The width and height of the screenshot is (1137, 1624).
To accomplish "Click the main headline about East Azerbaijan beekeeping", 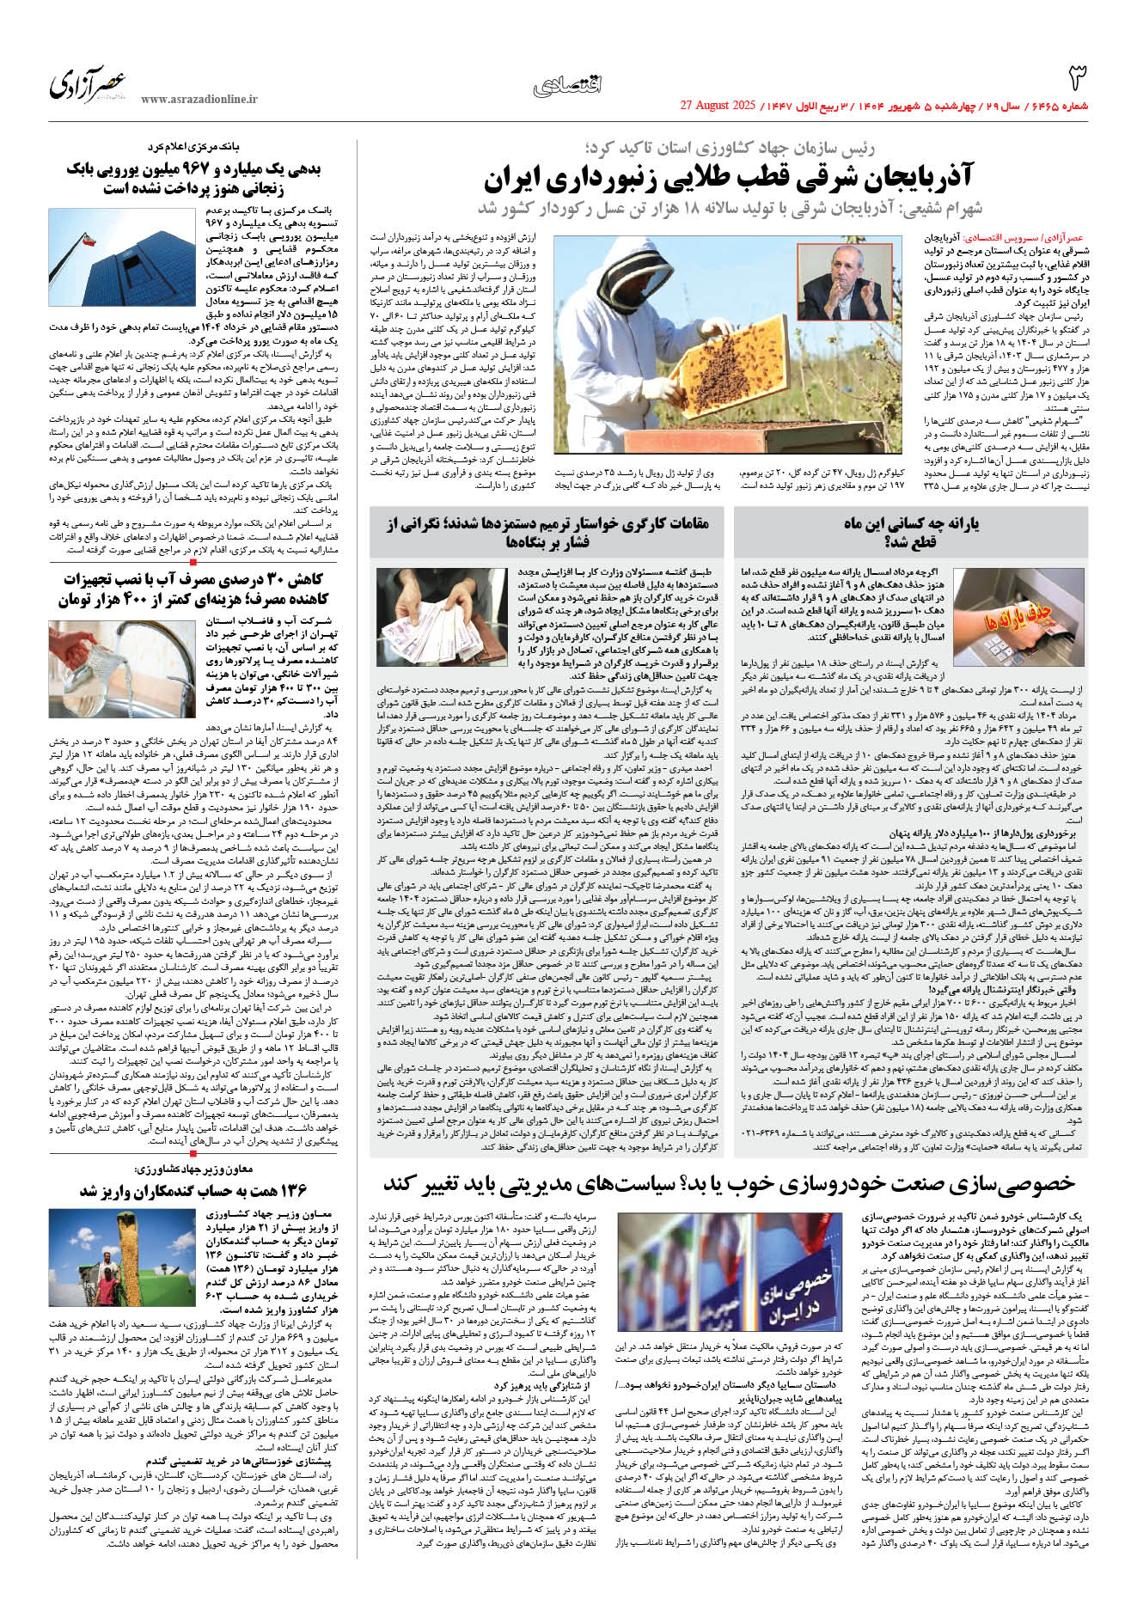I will coord(727,179).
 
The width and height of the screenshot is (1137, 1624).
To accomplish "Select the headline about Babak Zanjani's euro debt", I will coord(193,179).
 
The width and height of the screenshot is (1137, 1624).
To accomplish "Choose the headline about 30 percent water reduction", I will coord(193,589).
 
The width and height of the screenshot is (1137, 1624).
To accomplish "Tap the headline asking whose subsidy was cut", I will coord(911,533).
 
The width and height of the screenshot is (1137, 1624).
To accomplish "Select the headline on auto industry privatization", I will coord(729,1183).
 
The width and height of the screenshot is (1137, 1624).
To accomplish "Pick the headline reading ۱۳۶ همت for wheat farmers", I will coord(193,1190).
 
